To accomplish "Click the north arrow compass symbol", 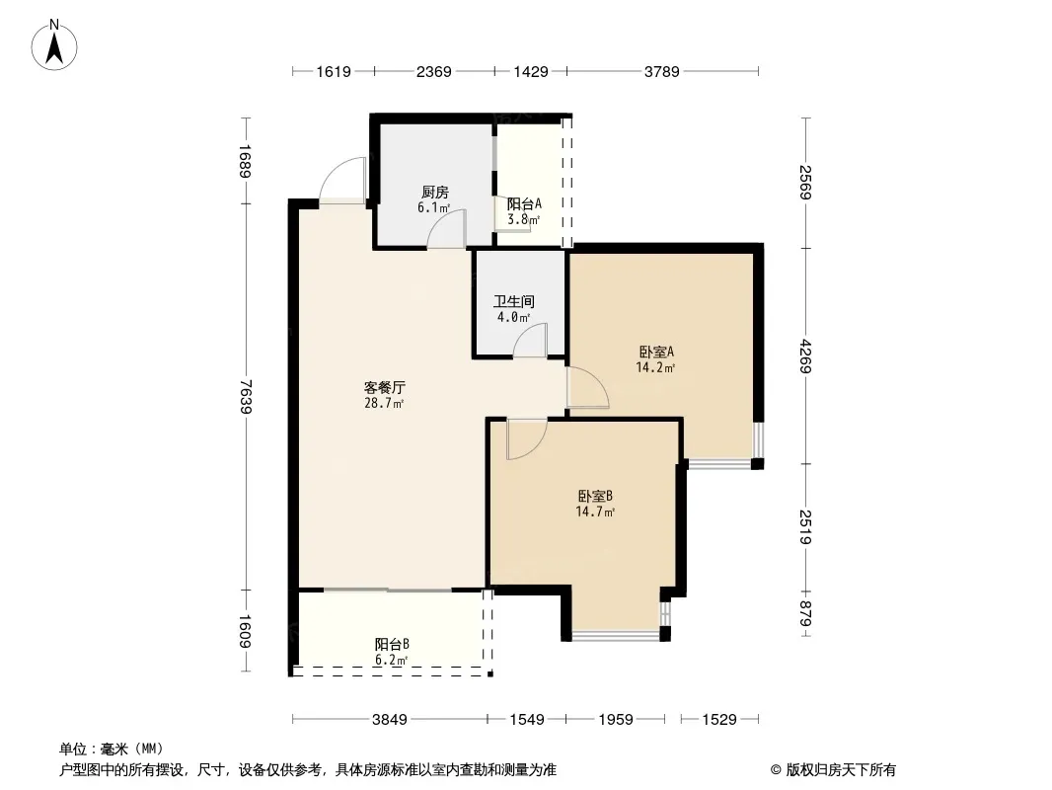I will [56, 43].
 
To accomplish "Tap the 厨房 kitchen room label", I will [435, 193].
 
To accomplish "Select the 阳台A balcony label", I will [523, 204].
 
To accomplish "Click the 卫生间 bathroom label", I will [514, 302].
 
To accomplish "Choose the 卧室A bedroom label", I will [655, 352].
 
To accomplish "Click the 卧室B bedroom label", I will [596, 496].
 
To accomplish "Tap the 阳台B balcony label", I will [392, 644].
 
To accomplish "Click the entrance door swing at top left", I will [341, 181].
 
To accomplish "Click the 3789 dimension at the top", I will [663, 71].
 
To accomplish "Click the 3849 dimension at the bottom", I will [389, 720].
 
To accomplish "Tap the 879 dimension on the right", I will [806, 613].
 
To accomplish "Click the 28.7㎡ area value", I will [384, 403].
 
